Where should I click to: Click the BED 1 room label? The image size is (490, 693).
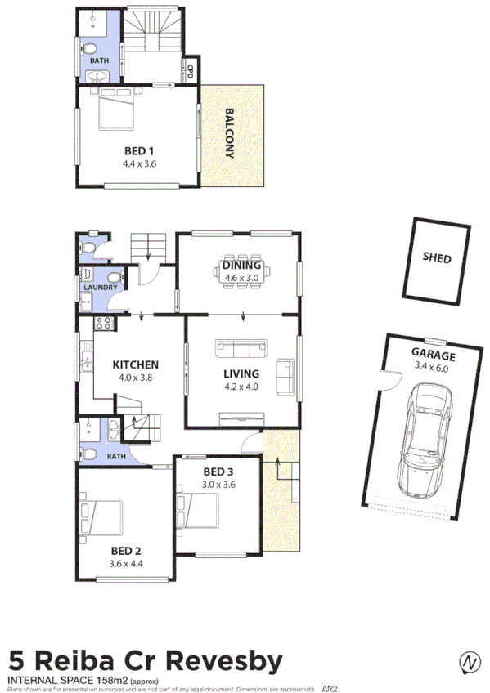click(139, 150)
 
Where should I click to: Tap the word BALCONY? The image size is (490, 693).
click(230, 134)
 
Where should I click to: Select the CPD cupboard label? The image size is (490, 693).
click(190, 69)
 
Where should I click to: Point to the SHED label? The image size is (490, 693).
click(436, 258)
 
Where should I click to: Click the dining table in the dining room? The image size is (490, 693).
click(241, 270)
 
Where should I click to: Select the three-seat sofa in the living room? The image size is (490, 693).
click(242, 350)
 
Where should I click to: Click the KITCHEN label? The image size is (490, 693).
click(135, 364)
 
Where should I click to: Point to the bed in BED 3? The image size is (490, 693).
click(198, 512)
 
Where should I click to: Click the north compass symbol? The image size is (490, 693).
click(469, 662)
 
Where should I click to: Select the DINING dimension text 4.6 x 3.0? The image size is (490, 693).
click(241, 277)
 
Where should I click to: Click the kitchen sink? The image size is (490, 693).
click(85, 364)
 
